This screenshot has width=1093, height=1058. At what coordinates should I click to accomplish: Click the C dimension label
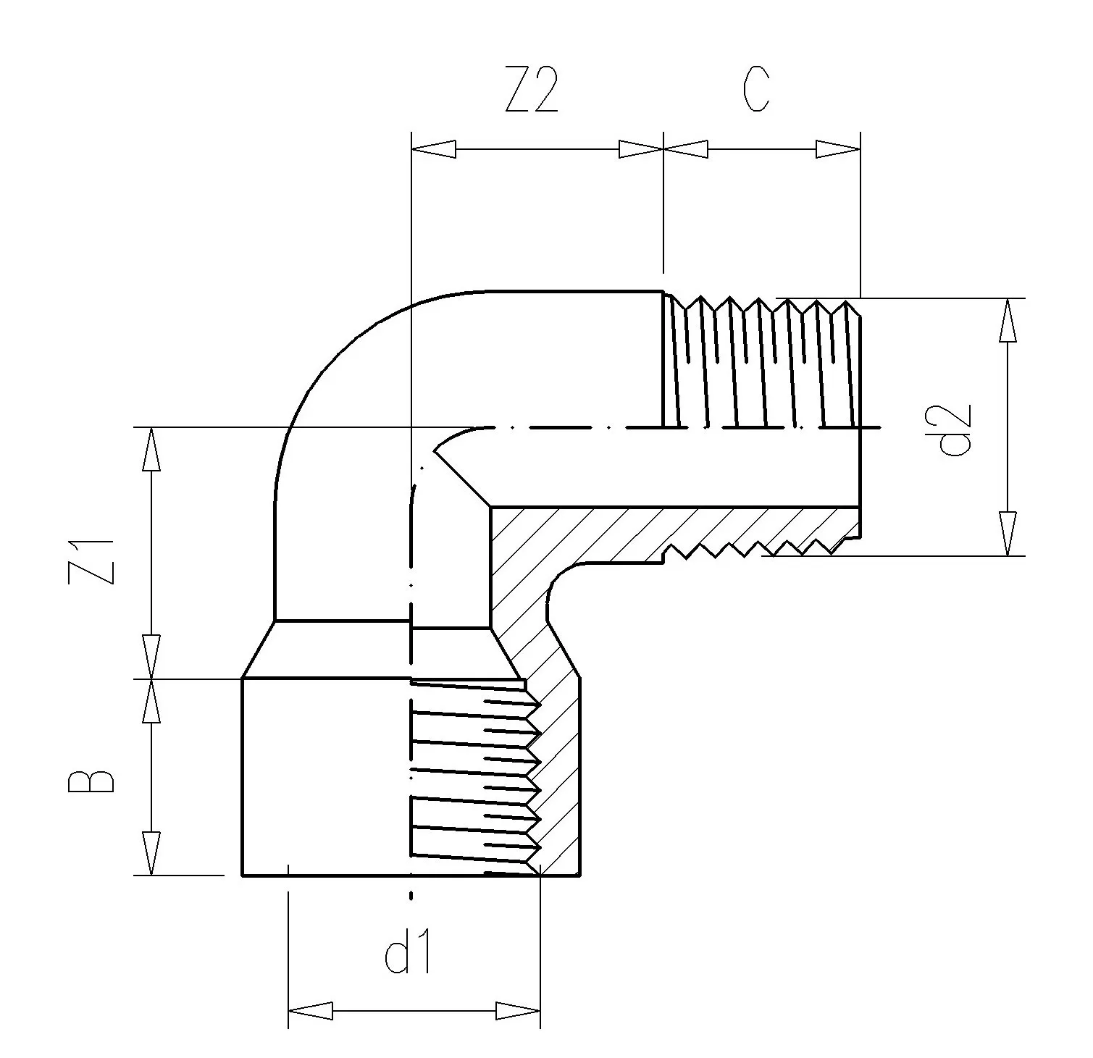(x=755, y=91)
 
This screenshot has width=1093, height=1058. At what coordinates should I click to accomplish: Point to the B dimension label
(x=93, y=782)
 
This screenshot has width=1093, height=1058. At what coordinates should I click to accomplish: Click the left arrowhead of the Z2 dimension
(x=433, y=149)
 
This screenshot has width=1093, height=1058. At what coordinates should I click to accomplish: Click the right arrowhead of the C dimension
(x=838, y=149)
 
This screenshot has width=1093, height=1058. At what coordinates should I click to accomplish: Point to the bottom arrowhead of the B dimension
(x=151, y=853)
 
